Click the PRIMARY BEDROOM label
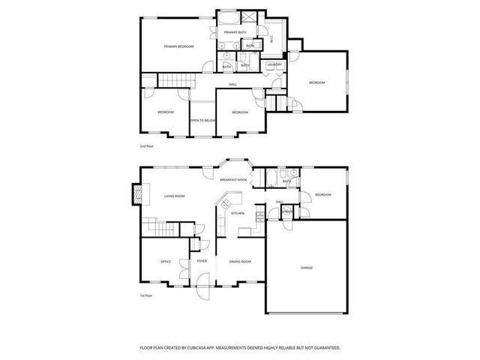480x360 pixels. click(x=178, y=46)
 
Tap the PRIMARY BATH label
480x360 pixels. click(x=235, y=33)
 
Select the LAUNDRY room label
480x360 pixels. click(x=274, y=64)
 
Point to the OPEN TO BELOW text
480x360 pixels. click(x=202, y=120)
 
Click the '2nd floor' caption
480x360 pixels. click(x=147, y=146)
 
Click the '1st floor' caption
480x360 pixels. click(x=147, y=295)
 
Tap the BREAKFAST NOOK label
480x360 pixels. click(x=233, y=180)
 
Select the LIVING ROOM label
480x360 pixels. click(x=175, y=196)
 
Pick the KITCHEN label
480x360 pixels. click(x=238, y=214)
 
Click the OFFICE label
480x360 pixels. click(x=166, y=262)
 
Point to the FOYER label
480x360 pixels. click(x=202, y=262)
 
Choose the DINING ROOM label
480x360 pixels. click(x=240, y=262)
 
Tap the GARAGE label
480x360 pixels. click(x=306, y=268)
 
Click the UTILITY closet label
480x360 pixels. click(x=287, y=212)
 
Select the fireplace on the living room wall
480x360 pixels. click(x=136, y=194)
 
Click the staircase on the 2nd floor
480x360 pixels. click(x=177, y=81)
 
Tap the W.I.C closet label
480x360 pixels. click(x=271, y=39)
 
